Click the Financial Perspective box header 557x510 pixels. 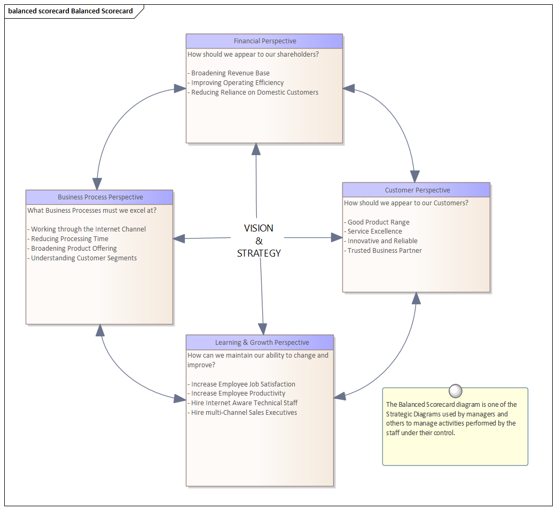point(264,41)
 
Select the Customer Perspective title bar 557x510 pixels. point(417,190)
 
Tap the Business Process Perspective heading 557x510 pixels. point(100,197)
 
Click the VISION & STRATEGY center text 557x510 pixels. point(258,241)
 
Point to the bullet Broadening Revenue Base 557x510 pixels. point(230,73)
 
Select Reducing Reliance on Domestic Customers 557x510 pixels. point(254,92)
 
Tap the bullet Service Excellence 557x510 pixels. point(374,231)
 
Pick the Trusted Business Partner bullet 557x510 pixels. point(384,251)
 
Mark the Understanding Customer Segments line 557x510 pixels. point(83,258)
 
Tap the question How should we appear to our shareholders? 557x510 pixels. point(253,54)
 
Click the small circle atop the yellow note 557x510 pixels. point(456,391)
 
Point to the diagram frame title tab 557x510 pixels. point(71,11)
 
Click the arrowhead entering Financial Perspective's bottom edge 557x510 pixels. point(256,149)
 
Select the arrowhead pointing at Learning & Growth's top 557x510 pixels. point(262,329)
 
